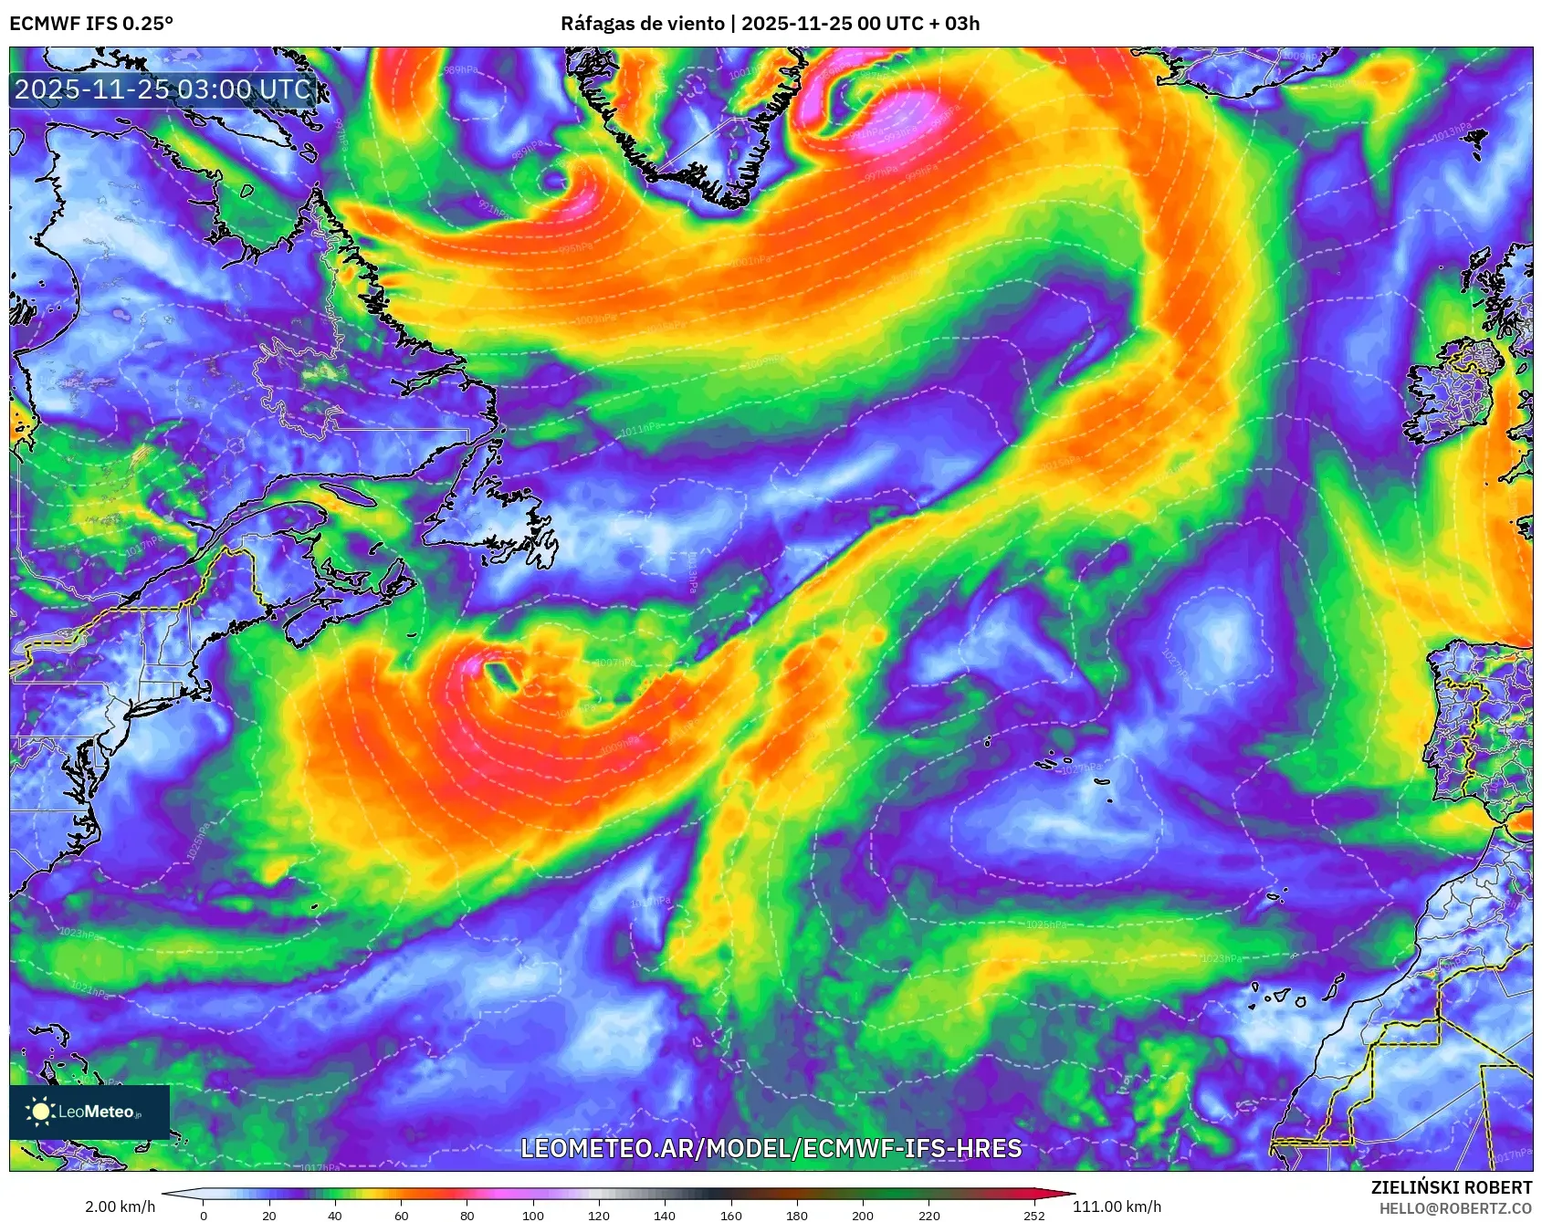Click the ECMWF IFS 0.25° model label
pos(91,23)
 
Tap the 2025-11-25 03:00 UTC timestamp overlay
pos(163,89)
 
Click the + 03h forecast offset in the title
pos(949,23)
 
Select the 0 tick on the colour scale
pos(203,1215)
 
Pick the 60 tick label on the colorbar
pos(401,1215)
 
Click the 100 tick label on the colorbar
pos(533,1215)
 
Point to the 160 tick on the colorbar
pos(731,1215)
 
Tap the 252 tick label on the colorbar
pos(1033,1215)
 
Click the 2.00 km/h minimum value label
pos(120,1206)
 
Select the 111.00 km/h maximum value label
pos(1117,1206)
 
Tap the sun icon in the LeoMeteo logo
pos(40,1111)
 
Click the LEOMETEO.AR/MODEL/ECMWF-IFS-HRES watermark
pos(771,1148)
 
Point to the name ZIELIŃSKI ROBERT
pos(1451,1187)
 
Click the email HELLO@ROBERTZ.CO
pos(1454,1208)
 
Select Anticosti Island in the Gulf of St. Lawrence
pos(351,496)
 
